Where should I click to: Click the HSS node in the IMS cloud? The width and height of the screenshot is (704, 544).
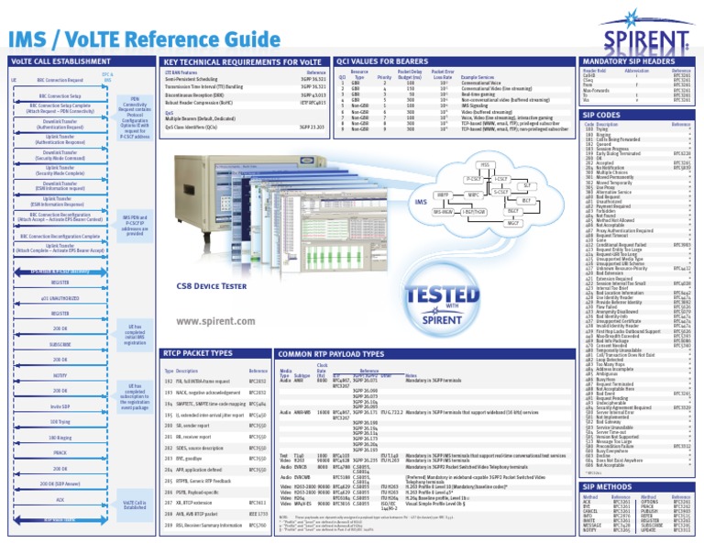[484, 164]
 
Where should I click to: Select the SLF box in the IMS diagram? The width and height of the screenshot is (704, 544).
[527, 184]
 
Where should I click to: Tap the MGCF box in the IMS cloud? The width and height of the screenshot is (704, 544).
[513, 223]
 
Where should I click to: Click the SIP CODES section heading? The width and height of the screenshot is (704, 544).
[601, 114]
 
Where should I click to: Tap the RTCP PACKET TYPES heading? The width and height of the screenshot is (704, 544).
[197, 353]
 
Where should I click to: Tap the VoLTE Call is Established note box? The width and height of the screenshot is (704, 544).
[134, 504]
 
